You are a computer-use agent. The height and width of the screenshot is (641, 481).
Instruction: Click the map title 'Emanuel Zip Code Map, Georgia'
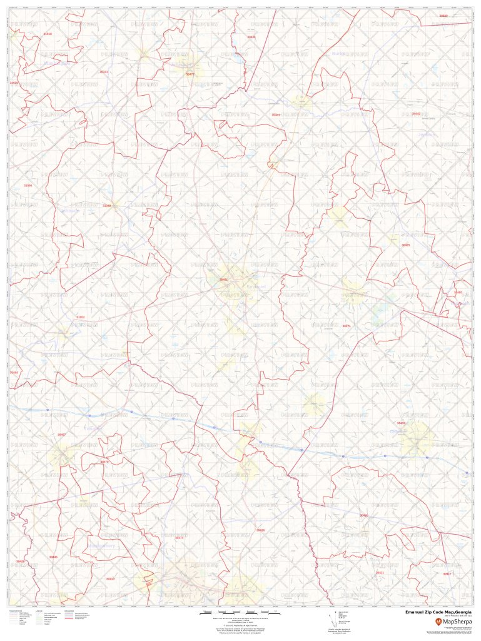pyautogui.click(x=438, y=612)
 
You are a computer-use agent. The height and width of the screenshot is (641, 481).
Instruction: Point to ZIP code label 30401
pyautogui.click(x=223, y=279)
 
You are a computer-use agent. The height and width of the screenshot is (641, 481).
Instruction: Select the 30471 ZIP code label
pyautogui.click(x=347, y=326)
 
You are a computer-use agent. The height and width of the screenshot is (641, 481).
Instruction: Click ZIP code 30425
pyautogui.click(x=406, y=245)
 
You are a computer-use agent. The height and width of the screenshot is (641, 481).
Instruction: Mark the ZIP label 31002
pyautogui.click(x=80, y=317)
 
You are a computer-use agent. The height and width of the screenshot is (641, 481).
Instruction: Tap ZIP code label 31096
pyautogui.click(x=28, y=185)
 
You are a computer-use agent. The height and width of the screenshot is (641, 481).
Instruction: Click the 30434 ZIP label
pyautogui.click(x=251, y=37)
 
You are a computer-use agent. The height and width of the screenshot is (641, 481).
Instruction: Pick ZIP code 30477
pyautogui.click(x=190, y=74)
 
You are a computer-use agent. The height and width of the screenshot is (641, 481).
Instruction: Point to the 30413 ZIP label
pyautogui.click(x=104, y=72)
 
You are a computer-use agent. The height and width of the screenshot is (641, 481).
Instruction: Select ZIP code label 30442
pyautogui.click(x=416, y=114)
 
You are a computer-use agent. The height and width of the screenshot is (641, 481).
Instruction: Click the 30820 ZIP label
pyautogui.click(x=443, y=15)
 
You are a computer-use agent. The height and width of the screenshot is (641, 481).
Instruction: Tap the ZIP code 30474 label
pyautogui.click(x=179, y=537)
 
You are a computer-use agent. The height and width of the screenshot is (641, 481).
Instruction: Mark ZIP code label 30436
pyautogui.click(x=260, y=530)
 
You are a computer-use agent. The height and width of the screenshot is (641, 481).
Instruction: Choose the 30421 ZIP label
pyautogui.click(x=380, y=572)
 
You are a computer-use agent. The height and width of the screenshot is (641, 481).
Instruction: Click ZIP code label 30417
pyautogui.click(x=447, y=573)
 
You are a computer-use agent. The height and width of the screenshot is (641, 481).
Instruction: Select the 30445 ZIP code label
pyautogui.click(x=53, y=557)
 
